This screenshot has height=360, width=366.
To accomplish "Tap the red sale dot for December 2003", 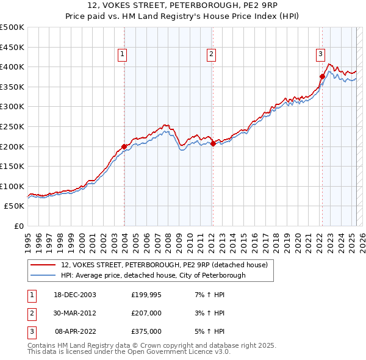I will point(124,146).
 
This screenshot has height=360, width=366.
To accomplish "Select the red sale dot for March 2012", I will point(213,143).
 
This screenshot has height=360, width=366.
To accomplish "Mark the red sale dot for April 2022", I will point(322,76).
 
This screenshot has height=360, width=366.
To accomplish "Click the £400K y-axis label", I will point(12,67).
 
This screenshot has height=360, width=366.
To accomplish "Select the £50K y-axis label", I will point(15,206).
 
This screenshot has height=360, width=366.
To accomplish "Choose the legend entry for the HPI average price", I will point(153,275).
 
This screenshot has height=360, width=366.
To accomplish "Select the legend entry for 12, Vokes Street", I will point(164,265).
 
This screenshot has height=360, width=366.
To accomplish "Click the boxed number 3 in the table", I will point(31,331).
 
